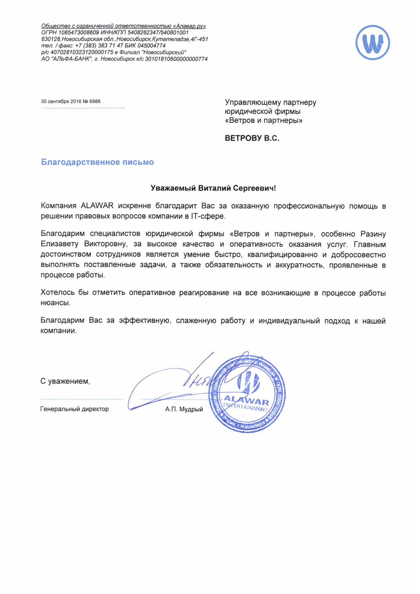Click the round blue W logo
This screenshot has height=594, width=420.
[x=373, y=43]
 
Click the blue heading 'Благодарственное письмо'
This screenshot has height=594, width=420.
[x=97, y=162]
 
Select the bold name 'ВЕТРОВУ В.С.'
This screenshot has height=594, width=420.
[x=252, y=138]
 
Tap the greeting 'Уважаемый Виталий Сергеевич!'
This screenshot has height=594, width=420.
[x=213, y=188]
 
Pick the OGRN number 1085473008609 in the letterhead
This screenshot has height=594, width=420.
[x=79, y=33]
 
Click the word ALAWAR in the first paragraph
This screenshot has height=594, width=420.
[x=97, y=206]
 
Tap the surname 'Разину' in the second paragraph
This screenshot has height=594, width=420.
[x=373, y=234]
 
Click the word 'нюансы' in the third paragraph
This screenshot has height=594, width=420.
[x=56, y=303]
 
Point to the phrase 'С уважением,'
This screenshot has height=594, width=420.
[x=65, y=382]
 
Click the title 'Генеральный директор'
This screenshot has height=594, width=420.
[x=75, y=409]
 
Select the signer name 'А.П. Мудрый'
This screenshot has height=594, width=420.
[x=184, y=409]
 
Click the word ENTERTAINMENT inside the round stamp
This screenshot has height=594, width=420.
[x=245, y=407]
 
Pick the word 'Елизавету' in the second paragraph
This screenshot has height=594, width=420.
[x=60, y=244]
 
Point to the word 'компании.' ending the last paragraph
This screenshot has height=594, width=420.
[x=59, y=331]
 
